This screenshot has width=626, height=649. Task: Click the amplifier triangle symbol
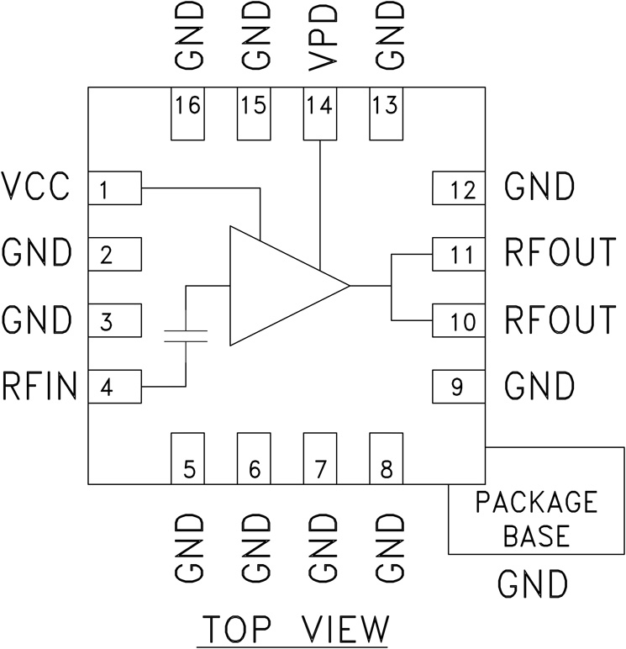pos(281,286)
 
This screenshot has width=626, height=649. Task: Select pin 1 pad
pos(114,187)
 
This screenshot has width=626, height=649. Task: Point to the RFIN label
pos(40,388)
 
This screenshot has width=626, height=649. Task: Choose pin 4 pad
pos(114,388)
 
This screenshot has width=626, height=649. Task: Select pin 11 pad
pos(458,254)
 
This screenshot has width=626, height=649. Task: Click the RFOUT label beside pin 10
pos(560,320)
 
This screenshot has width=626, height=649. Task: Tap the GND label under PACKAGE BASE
pos(533,583)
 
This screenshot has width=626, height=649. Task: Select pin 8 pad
pos(387,459)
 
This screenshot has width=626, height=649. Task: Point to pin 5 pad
pos(188,459)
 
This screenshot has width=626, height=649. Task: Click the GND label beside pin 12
pos(539,187)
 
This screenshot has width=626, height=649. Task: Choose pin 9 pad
pos(458,388)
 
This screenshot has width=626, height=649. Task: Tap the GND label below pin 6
pos(255,547)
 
